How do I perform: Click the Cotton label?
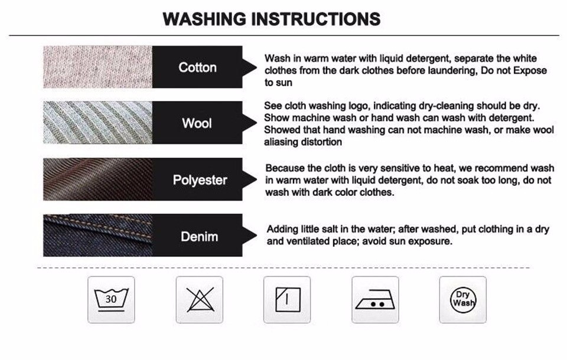(x=197, y=68)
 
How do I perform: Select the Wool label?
(x=197, y=123)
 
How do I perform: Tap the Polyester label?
(x=200, y=180)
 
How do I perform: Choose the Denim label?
(x=199, y=237)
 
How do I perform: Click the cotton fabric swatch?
(x=97, y=67)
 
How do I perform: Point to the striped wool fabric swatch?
(x=97, y=123)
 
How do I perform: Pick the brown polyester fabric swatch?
(x=97, y=179)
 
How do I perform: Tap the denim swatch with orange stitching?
(x=97, y=235)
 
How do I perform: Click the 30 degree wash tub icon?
(x=111, y=300)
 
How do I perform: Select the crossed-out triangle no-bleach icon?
(x=200, y=300)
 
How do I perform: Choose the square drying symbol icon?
(x=287, y=300)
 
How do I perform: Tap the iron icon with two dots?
(x=376, y=300)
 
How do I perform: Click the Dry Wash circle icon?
(x=463, y=300)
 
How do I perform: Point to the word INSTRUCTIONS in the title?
(x=315, y=19)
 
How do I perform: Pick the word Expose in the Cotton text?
(x=530, y=70)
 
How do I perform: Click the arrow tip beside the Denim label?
(x=256, y=235)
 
